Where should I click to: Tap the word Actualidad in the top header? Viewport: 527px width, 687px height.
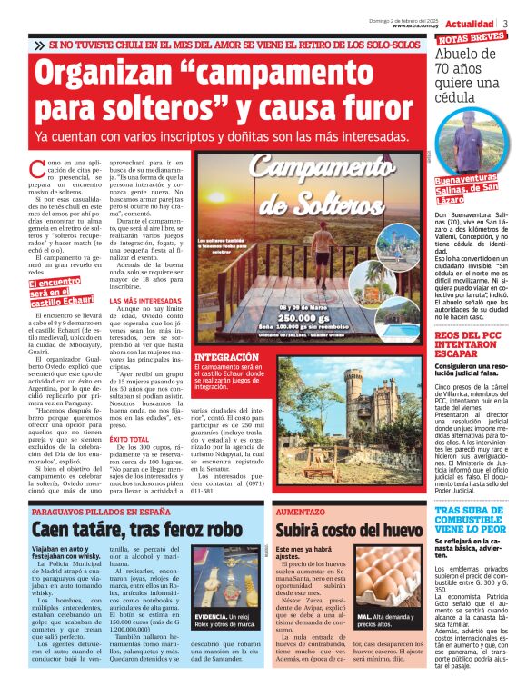470,23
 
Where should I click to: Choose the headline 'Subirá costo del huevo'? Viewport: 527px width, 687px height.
348,529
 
